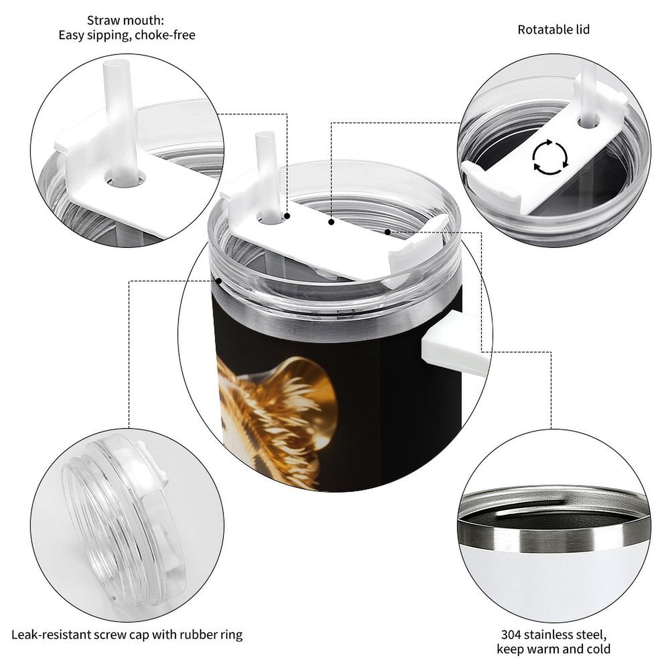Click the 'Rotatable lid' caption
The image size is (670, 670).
click(x=554, y=30)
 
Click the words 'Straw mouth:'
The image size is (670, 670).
click(x=126, y=20)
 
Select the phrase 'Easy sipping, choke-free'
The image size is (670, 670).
click(x=127, y=35)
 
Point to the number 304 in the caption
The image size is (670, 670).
click(x=511, y=634)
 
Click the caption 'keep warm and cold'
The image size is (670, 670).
click(x=554, y=649)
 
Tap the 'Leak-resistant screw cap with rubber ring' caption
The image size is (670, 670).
click(x=127, y=635)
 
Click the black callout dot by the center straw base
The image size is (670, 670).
click(x=288, y=216)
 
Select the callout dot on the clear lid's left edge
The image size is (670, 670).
click(x=219, y=281)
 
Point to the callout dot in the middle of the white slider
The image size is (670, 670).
click(x=331, y=222)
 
